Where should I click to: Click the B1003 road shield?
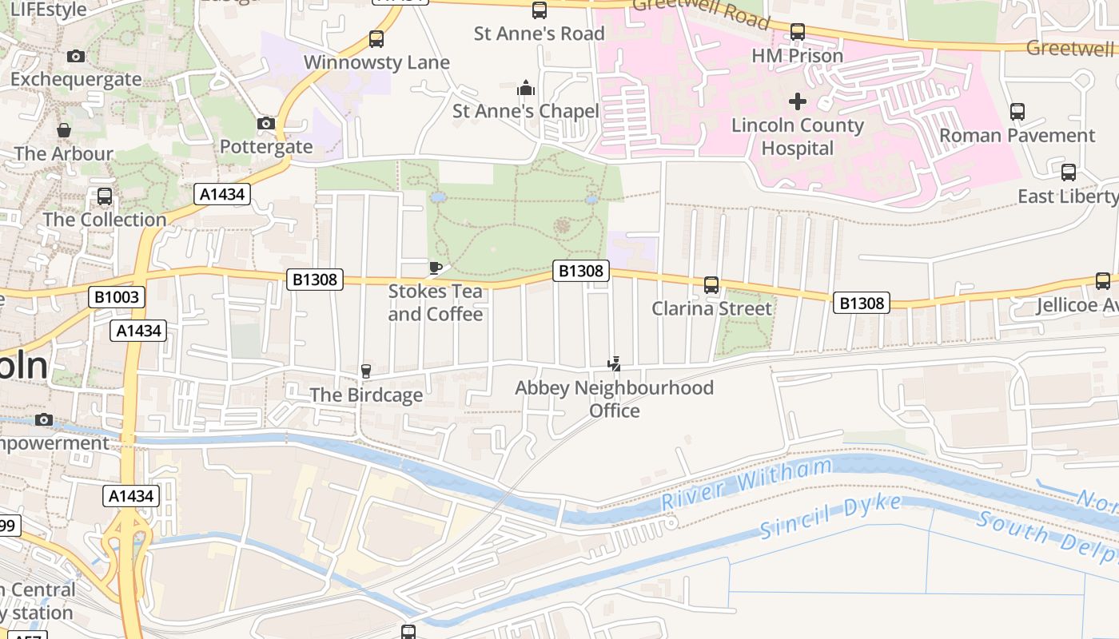point(117,297)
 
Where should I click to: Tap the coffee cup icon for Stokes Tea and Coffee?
point(436,268)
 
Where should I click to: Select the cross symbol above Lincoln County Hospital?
point(797,101)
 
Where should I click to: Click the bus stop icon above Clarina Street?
point(711,285)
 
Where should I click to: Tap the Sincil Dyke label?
point(830,517)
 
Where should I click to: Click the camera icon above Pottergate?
point(266,123)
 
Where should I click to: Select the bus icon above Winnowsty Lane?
point(376,38)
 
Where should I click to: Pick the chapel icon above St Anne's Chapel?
point(525,87)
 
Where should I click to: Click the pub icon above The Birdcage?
point(366,371)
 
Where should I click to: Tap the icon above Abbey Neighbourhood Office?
point(614,364)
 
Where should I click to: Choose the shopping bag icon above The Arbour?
point(63,130)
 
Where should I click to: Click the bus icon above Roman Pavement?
point(1017,112)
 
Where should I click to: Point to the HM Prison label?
point(797,56)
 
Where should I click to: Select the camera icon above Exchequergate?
point(76,56)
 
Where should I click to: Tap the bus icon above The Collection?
point(105,196)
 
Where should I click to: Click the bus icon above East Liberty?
point(1068,173)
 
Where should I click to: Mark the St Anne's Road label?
point(539,34)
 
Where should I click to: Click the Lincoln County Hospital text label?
point(797,137)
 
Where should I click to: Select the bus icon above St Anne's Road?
point(540,10)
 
